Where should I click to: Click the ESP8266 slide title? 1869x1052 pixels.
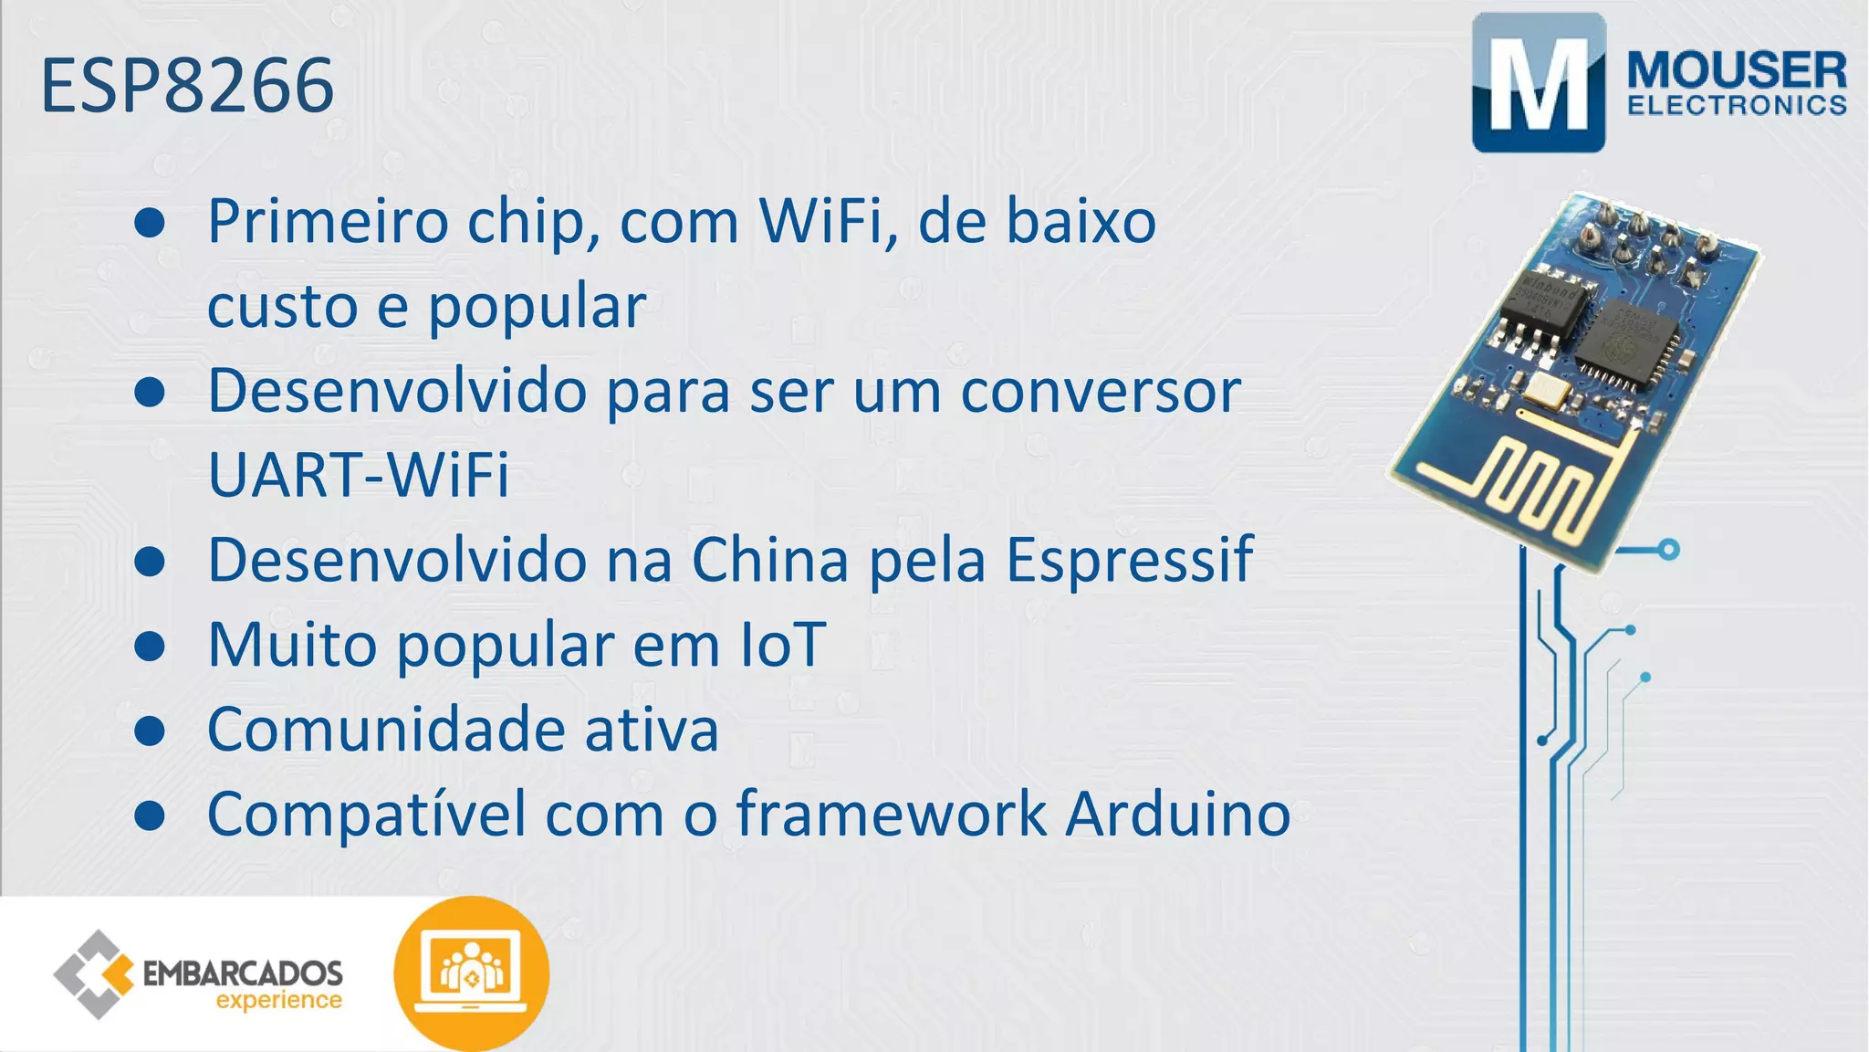(187, 86)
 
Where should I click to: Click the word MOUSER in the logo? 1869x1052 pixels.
(1737, 70)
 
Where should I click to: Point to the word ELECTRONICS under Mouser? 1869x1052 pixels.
(1737, 106)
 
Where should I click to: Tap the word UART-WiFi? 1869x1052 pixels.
(359, 474)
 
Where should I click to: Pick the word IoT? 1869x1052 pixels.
(782, 644)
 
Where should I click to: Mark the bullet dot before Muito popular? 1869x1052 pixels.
(149, 646)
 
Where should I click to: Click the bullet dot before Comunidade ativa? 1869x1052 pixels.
(149, 731)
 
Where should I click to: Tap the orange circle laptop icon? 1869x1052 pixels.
(471, 972)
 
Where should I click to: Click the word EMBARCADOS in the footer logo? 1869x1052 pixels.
(243, 973)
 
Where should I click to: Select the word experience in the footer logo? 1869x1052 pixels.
(278, 1001)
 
